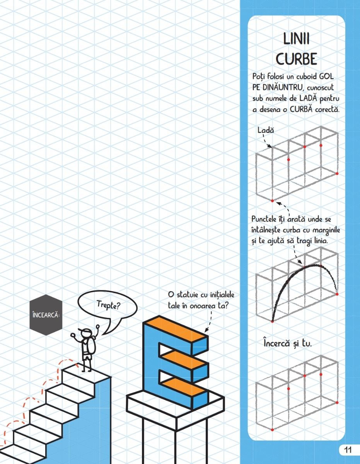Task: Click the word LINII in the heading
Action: [x=296, y=39]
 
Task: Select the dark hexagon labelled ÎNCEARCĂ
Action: [x=46, y=315]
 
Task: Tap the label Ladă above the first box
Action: [x=266, y=130]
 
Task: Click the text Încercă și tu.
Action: [x=288, y=344]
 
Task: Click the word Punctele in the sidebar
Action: [x=265, y=219]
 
